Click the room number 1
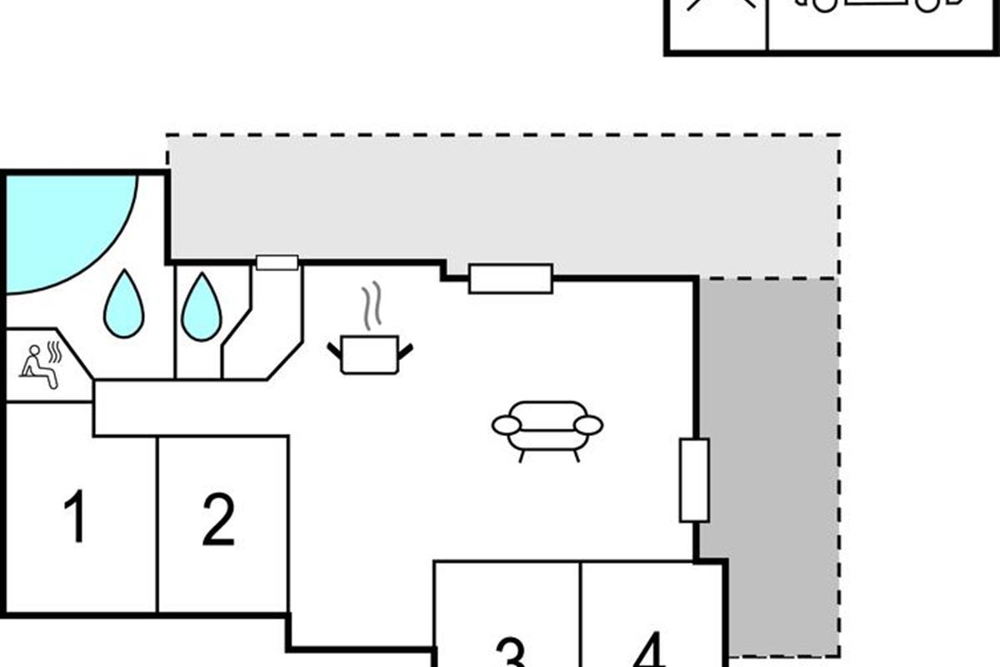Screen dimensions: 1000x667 76,516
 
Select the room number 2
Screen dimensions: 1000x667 218,519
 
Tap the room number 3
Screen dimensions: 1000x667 511,652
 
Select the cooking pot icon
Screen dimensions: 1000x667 370,354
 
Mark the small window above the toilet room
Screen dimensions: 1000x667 277,263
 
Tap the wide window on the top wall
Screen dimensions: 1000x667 511,278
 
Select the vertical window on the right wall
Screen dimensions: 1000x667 694,480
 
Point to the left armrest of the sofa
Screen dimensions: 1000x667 507,425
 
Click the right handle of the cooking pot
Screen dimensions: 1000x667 405,352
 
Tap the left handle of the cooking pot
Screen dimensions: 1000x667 335,351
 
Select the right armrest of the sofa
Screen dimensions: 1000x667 589,425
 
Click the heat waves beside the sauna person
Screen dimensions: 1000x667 54,352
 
